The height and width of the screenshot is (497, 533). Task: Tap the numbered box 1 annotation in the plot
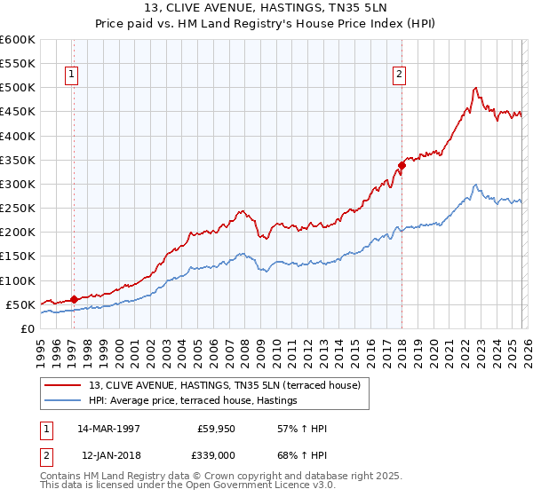70,75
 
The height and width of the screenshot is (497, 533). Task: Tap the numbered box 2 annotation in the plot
400,75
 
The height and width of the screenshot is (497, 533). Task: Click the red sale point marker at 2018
402,164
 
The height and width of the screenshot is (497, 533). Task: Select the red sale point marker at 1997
74,299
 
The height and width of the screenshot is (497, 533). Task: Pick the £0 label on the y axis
28,328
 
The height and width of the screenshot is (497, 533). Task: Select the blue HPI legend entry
192,401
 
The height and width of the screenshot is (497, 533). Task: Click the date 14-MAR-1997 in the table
108,429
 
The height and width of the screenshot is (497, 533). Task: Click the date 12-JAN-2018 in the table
108,455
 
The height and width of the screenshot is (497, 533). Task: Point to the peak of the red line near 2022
476,88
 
